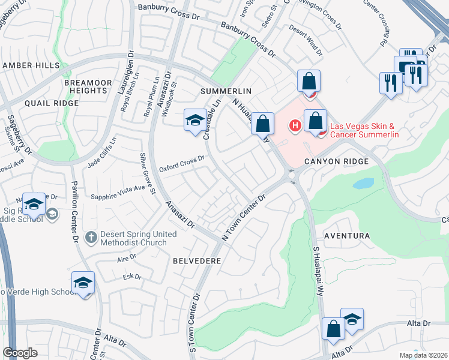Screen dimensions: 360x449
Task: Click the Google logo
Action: point(20,353)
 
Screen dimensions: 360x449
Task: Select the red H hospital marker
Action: point(295,126)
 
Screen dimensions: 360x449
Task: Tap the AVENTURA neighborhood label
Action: point(348,236)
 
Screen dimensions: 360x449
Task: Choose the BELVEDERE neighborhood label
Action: point(197,261)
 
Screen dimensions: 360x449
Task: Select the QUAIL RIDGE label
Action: point(52,103)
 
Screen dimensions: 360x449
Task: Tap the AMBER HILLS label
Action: point(31,65)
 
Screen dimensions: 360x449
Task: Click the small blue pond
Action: point(363,184)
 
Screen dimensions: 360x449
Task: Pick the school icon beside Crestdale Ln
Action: point(194,121)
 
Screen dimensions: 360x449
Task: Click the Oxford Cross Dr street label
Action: point(182,163)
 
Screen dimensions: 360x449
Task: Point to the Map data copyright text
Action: point(423,355)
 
